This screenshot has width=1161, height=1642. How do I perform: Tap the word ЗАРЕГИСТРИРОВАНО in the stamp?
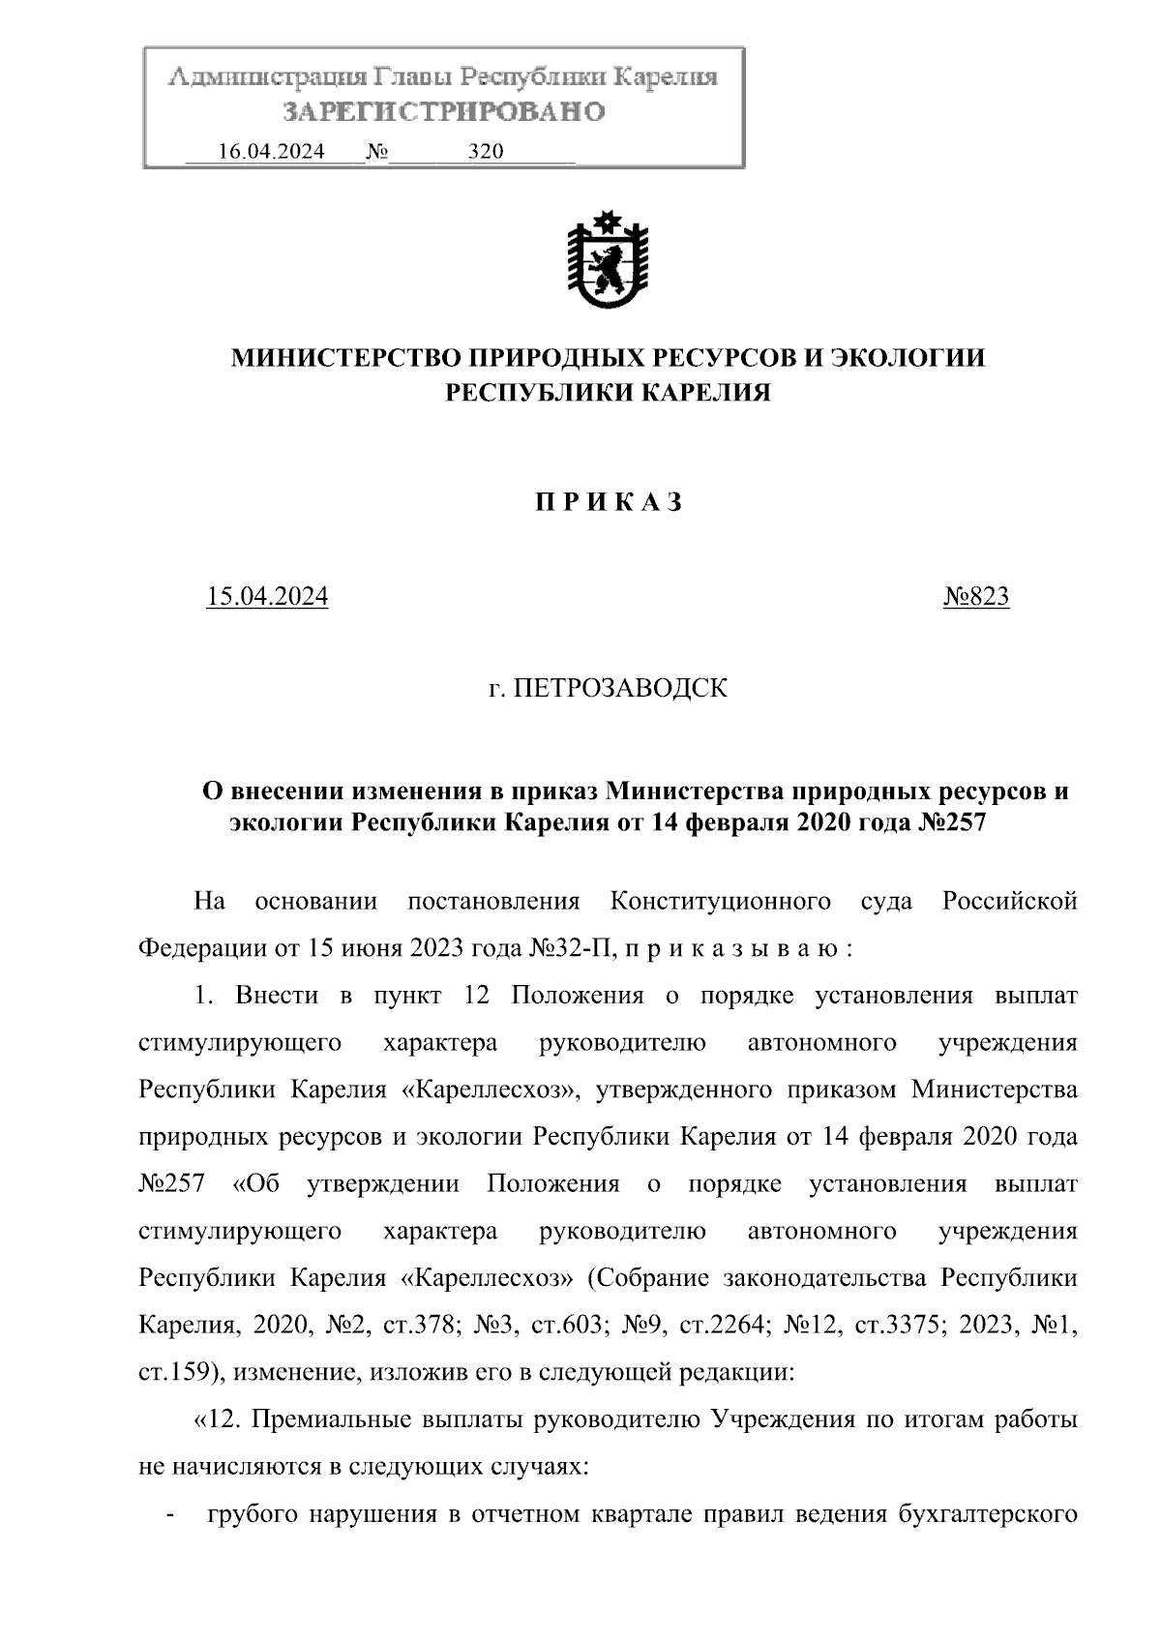pyautogui.click(x=444, y=112)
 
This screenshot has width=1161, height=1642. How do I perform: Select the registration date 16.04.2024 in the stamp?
pyautogui.click(x=272, y=152)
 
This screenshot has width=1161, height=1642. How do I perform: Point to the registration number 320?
pyautogui.click(x=486, y=152)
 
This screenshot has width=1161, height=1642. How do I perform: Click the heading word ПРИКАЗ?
pyautogui.click(x=609, y=502)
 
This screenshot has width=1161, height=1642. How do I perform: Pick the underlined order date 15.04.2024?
pyautogui.click(x=267, y=597)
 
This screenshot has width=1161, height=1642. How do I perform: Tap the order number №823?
pyautogui.click(x=976, y=597)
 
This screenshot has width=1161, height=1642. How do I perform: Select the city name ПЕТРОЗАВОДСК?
pyautogui.click(x=619, y=689)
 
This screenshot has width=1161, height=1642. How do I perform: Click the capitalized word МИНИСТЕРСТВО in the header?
pyautogui.click(x=345, y=359)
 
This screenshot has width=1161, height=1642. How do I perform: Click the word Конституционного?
pyautogui.click(x=721, y=902)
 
